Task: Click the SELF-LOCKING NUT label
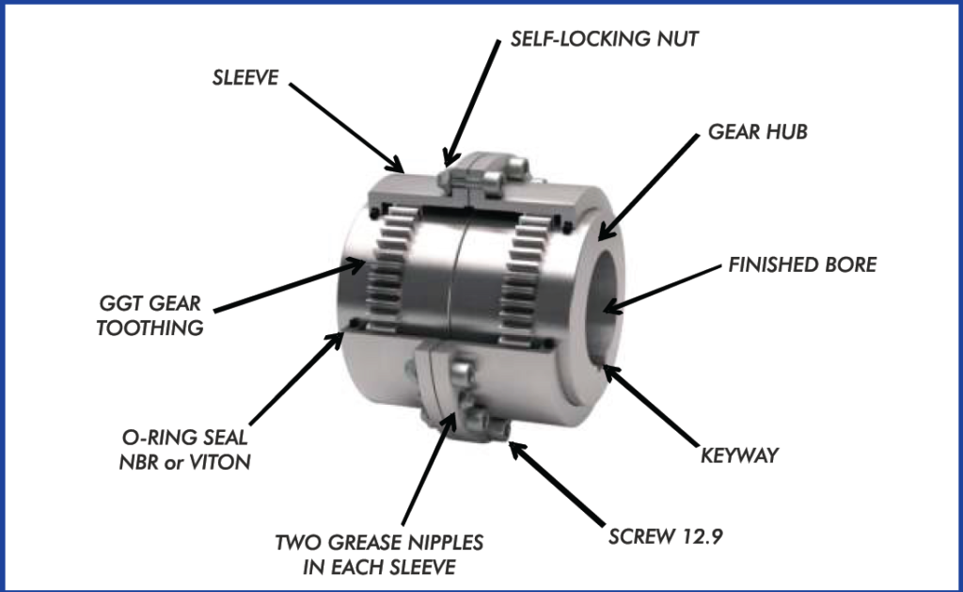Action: pos(605,39)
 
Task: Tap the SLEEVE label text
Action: pos(245,77)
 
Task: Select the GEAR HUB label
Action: pos(757,132)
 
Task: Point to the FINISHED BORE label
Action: pos(802,265)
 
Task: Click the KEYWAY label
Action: pos(739,456)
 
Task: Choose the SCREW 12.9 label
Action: pos(665,536)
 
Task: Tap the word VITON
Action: pos(219,462)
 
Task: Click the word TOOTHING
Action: pos(150,328)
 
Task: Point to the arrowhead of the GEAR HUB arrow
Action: pos(605,232)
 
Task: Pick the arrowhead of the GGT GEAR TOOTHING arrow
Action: pos(355,265)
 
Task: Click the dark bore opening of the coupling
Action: pos(607,304)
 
